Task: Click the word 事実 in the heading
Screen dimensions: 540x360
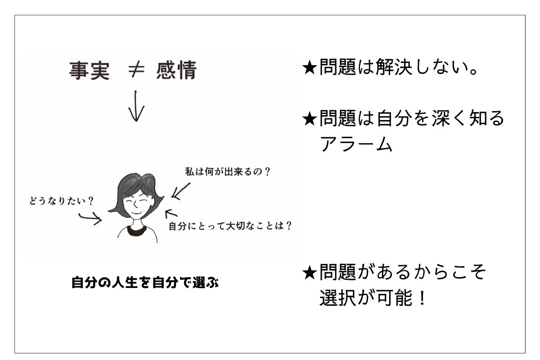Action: pos(90,70)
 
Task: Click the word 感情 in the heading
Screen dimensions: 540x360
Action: pos(176,70)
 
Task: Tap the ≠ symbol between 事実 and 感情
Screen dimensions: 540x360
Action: pos(136,70)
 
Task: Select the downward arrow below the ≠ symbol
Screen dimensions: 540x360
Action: pos(136,106)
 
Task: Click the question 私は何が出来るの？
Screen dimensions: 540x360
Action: pos(228,172)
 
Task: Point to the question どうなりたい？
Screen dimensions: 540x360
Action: pos(61,201)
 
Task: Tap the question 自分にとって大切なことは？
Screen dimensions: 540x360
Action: pos(230,226)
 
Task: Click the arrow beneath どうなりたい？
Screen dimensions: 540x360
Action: pos(90,218)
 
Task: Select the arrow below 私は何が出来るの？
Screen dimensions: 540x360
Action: pos(181,191)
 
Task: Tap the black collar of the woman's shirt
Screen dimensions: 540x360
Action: pos(137,231)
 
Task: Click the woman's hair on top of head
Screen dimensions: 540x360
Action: pos(137,180)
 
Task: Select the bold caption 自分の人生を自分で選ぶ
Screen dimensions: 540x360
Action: pos(145,282)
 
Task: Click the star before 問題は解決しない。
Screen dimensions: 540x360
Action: pos(309,68)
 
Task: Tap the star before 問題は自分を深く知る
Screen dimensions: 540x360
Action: pos(309,119)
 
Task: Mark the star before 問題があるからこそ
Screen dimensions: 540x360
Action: pos(309,273)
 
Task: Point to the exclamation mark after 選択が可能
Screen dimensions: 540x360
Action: pos(422,298)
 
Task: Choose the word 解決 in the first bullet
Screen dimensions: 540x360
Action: pos(394,67)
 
